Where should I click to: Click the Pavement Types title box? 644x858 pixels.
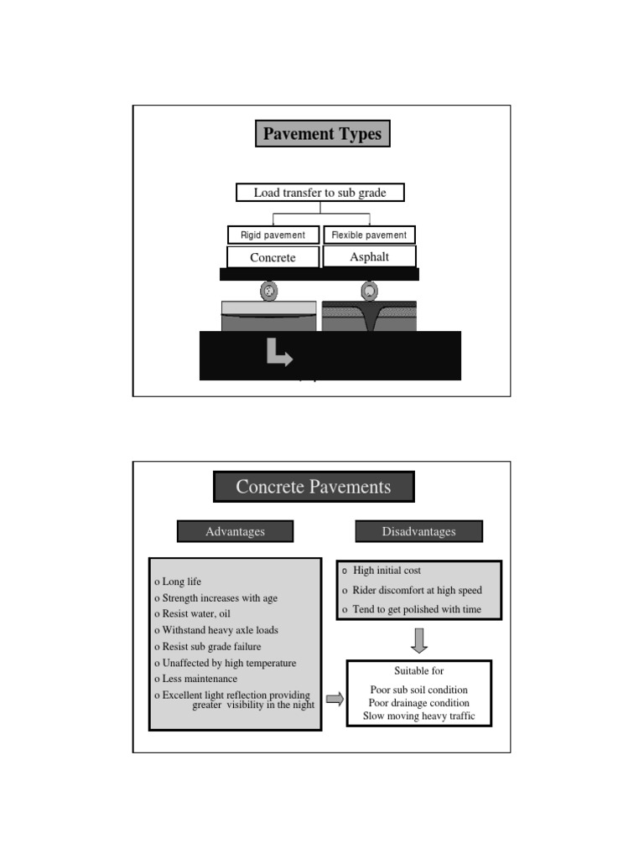pos(322,134)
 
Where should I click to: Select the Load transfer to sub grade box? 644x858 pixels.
pos(319,193)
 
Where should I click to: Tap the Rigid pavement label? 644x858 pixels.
pos(273,235)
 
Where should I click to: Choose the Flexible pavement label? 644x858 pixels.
pos(369,235)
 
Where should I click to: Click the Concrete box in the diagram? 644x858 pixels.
pos(273,257)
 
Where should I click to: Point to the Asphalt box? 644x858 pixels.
pos(369,256)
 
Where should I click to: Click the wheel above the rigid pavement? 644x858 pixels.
pos(269,292)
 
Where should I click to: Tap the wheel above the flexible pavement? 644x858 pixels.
pos(369,291)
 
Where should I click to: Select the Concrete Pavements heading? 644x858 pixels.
pos(314,487)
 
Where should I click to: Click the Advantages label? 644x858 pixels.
pos(235,531)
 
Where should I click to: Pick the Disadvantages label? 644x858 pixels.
pos(418,531)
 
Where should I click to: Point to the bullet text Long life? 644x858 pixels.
pos(181,581)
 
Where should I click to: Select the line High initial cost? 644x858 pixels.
pos(387,571)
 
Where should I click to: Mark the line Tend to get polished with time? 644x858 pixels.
pos(417,609)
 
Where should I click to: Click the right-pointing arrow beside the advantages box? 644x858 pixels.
pos(335,699)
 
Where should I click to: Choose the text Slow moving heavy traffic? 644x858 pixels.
pos(418,716)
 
